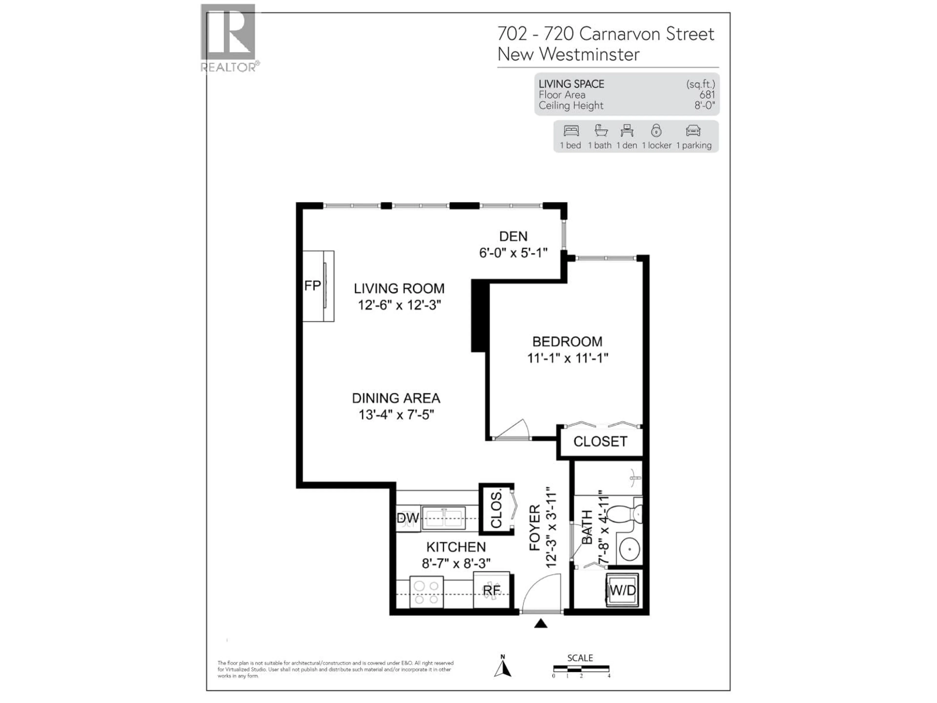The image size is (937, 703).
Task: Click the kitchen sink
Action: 444,518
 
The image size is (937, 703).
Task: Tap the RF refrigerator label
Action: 491,590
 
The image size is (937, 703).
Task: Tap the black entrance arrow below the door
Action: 540,623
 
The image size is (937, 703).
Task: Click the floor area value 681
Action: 707,95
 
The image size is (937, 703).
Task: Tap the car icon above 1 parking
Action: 693,131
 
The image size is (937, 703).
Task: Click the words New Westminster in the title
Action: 568,54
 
